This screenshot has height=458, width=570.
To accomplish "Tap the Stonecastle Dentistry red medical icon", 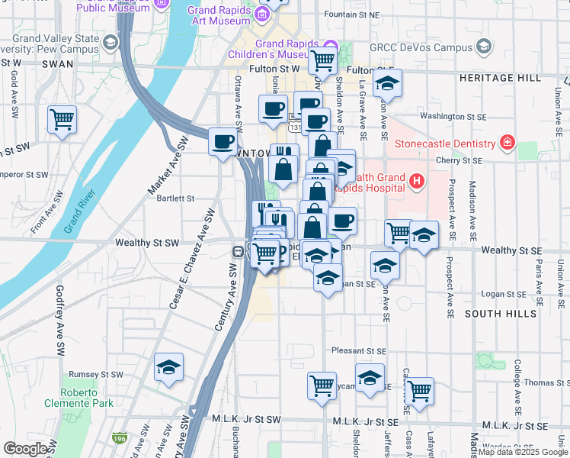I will [x=507, y=142].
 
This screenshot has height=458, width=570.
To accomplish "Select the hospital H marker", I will [x=416, y=182].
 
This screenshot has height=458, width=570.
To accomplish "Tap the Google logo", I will [x=25, y=449].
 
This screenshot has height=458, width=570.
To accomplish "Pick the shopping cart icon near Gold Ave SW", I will [x=62, y=119].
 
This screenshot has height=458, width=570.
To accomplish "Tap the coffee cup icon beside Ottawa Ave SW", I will [x=223, y=141].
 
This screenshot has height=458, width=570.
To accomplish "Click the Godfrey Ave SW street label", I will [x=60, y=321].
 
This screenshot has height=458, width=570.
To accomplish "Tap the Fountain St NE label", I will [x=351, y=15].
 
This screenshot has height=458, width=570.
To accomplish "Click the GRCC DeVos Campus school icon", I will [x=483, y=47].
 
